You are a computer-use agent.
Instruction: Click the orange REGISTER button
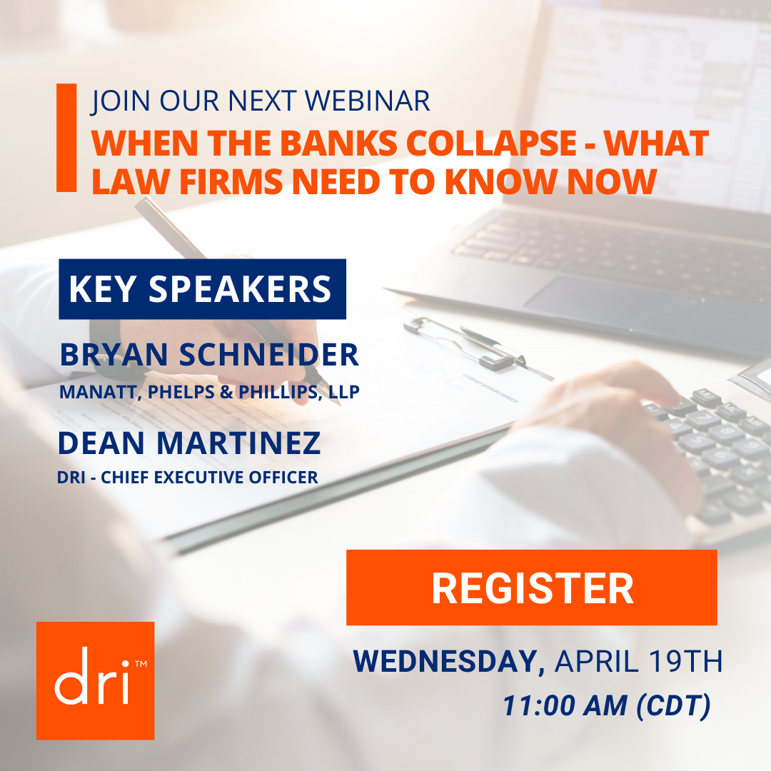coord(532,588)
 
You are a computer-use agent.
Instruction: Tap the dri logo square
coord(96,680)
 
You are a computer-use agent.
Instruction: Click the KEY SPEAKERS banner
coord(202,289)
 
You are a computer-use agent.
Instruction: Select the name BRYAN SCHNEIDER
coord(209,355)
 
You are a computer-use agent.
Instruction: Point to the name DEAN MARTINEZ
coord(189,443)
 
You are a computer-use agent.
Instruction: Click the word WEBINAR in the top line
coord(368,101)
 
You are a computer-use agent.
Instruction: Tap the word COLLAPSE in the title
coord(491,143)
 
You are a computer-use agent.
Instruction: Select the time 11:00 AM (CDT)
coord(607,705)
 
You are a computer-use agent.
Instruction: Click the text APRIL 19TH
coord(639,661)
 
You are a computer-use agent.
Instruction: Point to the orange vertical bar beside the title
coord(66,138)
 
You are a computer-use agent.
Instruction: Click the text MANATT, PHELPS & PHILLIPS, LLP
coord(209,392)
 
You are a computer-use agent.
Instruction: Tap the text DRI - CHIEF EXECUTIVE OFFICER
coord(188,477)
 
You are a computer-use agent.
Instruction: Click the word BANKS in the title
coord(338,143)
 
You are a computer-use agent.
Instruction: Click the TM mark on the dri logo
coord(141,664)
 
